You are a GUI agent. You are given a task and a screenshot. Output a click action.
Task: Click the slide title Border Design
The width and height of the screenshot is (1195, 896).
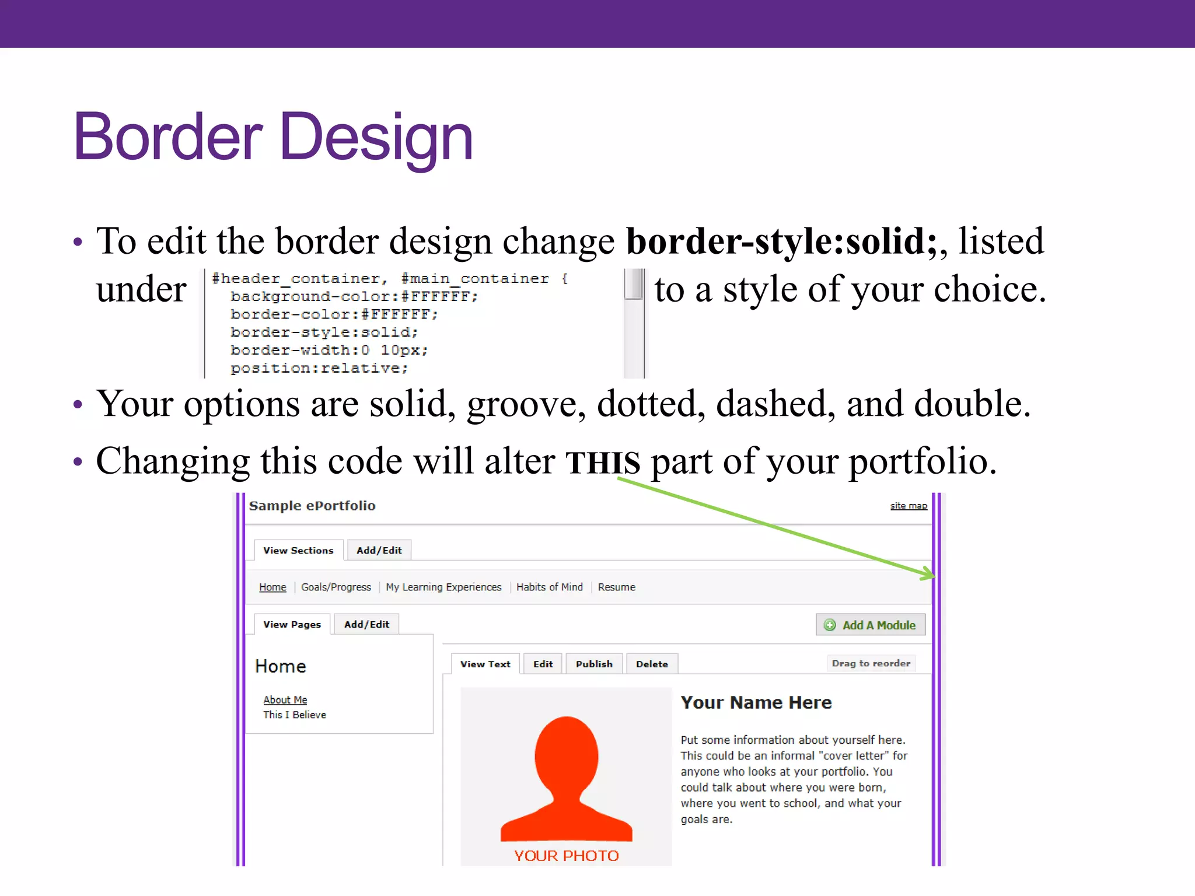(272, 137)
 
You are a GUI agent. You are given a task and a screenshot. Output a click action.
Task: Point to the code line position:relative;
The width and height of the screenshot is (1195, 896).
(319, 368)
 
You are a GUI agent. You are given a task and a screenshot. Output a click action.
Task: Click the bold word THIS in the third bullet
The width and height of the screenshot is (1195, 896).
(602, 462)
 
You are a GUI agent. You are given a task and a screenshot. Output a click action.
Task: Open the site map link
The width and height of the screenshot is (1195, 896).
(908, 506)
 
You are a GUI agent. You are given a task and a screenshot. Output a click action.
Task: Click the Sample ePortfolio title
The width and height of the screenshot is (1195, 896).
(312, 506)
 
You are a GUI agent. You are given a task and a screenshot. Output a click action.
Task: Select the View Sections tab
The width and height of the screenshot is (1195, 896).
(298, 550)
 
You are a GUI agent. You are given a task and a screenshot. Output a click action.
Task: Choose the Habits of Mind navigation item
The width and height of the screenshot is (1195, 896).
(549, 587)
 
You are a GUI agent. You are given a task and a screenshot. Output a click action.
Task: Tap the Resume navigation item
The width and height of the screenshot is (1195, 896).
(616, 587)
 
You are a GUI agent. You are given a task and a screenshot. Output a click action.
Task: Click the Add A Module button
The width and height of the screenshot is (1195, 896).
(870, 625)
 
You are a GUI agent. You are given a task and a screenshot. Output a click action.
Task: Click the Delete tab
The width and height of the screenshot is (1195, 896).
(651, 664)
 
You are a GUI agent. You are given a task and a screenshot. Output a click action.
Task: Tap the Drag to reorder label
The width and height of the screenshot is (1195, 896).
(871, 663)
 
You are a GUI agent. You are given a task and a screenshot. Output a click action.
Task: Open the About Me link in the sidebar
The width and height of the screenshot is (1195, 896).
(285, 699)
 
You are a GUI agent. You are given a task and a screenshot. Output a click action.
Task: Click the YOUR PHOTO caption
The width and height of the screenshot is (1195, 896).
(566, 855)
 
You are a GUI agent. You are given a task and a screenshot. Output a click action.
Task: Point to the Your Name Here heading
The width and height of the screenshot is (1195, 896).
(756, 702)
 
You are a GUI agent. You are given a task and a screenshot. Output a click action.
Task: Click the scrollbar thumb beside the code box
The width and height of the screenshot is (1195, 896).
(633, 284)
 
